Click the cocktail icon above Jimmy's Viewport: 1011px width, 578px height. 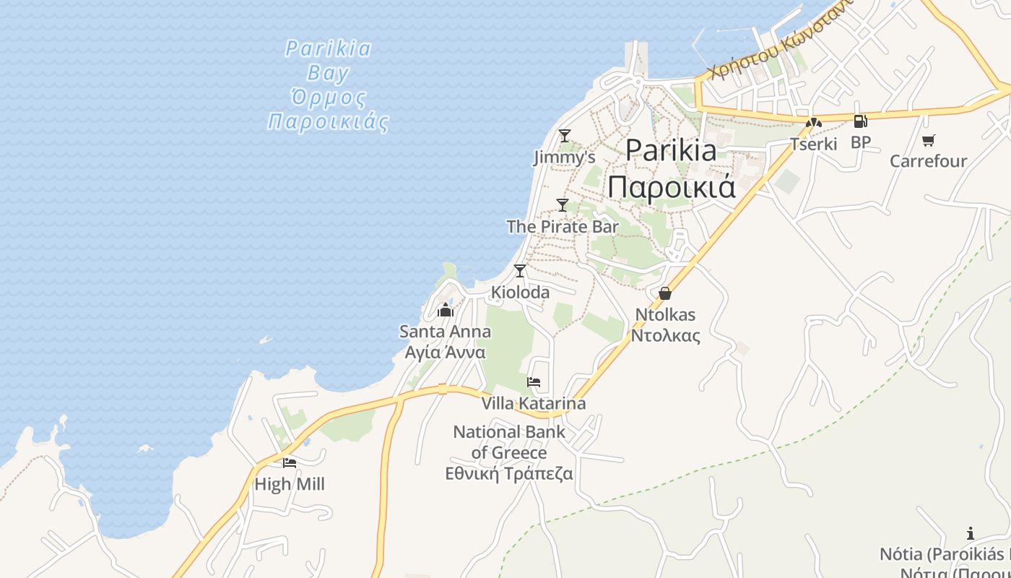(565, 135)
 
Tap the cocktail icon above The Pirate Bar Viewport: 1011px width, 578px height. (563, 204)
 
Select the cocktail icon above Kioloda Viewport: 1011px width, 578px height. (520, 271)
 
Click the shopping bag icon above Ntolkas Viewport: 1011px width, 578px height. (665, 293)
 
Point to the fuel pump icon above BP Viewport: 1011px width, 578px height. (860, 121)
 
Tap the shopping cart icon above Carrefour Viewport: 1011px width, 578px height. (929, 140)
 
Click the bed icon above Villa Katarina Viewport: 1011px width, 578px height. (534, 381)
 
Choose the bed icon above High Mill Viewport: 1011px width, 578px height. (290, 462)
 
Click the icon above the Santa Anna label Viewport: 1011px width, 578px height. (445, 311)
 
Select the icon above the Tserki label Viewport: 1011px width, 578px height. (814, 123)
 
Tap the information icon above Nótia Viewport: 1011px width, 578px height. (971, 534)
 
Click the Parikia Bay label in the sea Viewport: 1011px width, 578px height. (329, 61)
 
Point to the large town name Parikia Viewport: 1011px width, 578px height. (671, 150)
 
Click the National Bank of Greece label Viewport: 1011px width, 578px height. (509, 442)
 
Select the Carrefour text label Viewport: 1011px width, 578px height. (928, 160)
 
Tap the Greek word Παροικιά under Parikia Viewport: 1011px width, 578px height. (671, 186)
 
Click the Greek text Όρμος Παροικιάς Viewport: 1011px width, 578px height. (329, 108)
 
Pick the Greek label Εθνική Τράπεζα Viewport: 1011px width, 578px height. (509, 474)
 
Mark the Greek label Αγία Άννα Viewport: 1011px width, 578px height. (445, 353)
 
